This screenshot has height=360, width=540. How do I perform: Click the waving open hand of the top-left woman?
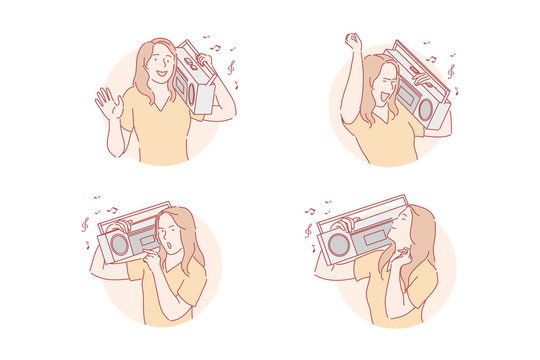108,102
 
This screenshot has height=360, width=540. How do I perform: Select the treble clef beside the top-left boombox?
231,67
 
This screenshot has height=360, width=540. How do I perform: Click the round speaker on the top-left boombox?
183,86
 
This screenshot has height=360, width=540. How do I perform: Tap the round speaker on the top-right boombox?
427,107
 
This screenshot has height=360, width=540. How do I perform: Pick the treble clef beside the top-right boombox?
451,72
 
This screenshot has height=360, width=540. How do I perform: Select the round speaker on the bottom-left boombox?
120,244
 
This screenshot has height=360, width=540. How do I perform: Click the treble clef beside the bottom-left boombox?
85,227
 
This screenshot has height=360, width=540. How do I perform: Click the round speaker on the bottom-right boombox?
339,244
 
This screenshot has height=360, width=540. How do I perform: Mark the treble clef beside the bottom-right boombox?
309,230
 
